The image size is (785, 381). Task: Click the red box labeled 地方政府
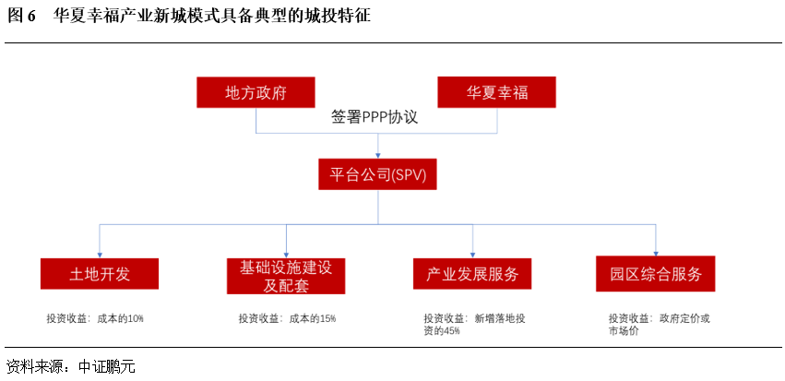click(x=256, y=93)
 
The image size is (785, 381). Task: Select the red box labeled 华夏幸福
click(x=497, y=93)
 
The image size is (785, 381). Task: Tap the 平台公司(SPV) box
click(x=377, y=175)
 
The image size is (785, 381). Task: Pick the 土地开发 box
click(x=100, y=274)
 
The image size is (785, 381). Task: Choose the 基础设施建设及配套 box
click(x=286, y=275)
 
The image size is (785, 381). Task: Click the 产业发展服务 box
click(x=472, y=274)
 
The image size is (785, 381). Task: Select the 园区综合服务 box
click(x=656, y=274)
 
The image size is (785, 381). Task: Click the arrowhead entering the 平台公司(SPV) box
click(x=377, y=154)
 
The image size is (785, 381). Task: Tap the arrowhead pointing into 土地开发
click(x=100, y=253)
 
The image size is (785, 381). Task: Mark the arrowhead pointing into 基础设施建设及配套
click(x=286, y=253)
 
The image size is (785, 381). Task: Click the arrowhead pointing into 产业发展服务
click(x=472, y=253)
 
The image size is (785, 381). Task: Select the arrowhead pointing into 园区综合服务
click(x=656, y=253)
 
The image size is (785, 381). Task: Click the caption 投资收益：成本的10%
click(x=95, y=318)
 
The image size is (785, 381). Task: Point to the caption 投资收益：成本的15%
click(x=287, y=318)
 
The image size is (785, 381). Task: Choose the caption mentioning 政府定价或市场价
click(x=659, y=324)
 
